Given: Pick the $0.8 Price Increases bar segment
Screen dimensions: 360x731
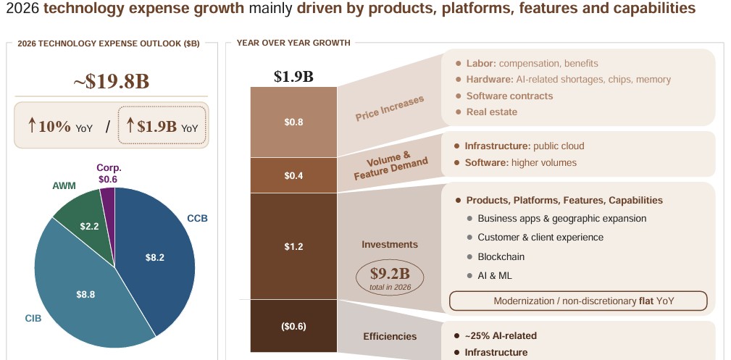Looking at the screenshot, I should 293,122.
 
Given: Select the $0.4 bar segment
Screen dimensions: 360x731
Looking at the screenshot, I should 293,175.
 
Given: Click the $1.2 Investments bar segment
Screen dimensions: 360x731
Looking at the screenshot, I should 293,246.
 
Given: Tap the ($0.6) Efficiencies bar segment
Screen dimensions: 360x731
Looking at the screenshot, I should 293,326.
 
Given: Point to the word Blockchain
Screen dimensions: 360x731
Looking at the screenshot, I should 501,256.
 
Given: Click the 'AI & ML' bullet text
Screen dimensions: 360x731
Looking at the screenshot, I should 496,275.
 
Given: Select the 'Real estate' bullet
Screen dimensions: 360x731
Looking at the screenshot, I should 492,112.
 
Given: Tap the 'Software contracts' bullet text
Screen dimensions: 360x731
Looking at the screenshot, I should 509,96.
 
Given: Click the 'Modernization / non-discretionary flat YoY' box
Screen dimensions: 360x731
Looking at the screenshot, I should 578,301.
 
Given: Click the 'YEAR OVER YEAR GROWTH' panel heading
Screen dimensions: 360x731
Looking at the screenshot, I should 293,43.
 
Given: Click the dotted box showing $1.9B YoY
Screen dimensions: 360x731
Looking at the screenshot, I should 162,126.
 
